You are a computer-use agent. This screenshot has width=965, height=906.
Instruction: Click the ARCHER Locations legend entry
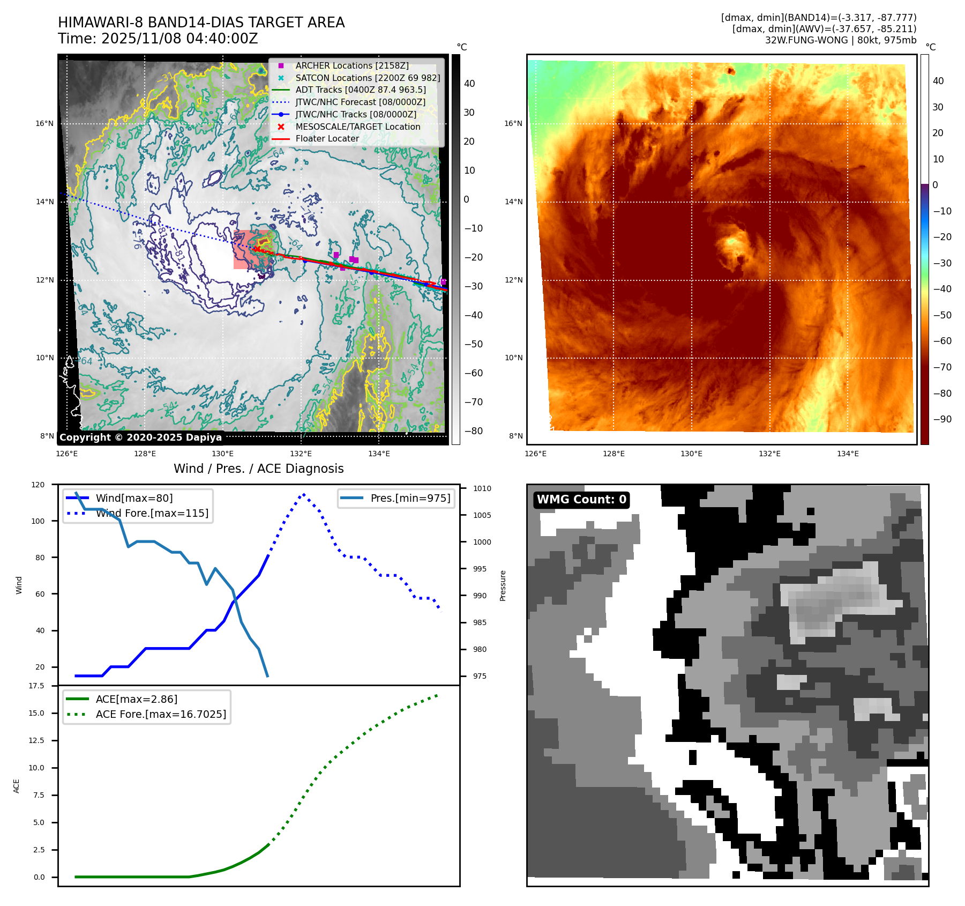351,65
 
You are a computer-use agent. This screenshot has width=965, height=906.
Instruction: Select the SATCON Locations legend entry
368,78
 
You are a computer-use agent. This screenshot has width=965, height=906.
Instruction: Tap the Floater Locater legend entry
327,138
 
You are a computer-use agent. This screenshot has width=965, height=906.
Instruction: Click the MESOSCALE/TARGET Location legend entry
357,127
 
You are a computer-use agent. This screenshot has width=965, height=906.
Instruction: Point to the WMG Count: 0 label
581,500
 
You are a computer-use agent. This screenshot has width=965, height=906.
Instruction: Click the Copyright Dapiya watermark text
140,437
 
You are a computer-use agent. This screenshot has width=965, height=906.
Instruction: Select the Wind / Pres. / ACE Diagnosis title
258,469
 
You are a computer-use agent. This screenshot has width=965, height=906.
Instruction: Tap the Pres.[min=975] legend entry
410,498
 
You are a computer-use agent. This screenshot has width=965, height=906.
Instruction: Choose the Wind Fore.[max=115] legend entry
152,513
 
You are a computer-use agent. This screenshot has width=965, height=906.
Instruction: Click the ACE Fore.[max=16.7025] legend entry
160,714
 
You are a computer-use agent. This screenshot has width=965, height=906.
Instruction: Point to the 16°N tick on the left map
44,123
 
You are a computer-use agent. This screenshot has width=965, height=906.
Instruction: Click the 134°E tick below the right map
848,454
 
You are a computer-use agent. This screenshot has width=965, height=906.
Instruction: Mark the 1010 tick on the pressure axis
482,488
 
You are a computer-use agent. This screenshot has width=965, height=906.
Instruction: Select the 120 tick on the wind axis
38,485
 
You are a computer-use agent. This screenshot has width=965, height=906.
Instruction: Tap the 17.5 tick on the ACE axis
36,686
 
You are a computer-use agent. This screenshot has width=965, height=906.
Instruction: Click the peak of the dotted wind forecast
304,494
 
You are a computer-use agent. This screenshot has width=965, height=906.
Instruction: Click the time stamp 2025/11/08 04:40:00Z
179,39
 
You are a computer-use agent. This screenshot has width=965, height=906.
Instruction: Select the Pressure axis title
503,585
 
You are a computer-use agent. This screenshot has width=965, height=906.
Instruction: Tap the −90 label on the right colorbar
942,419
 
